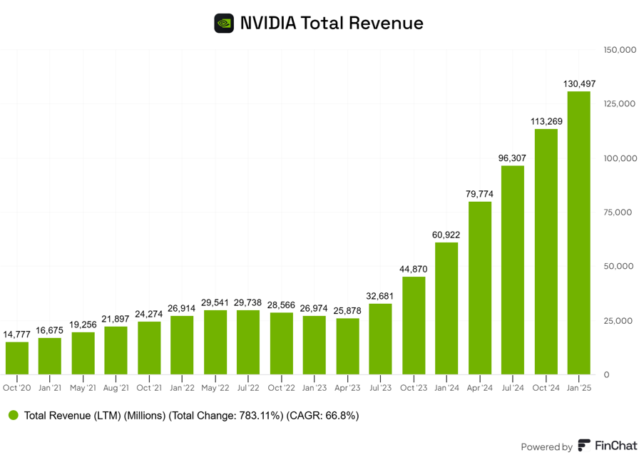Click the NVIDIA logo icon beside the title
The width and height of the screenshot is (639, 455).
(224, 24)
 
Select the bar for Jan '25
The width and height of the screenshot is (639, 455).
(578, 232)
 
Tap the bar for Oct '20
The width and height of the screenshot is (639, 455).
(17, 358)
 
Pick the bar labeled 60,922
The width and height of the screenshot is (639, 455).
(446, 308)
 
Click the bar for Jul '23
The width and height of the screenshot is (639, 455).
(380, 339)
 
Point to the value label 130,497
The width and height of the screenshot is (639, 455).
(579, 84)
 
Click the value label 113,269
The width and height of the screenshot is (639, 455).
(546, 121)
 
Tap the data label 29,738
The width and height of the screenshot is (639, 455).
(248, 303)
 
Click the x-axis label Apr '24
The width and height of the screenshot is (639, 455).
(479, 388)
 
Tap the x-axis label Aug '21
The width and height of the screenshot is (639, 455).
(116, 388)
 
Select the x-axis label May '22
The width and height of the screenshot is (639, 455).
(215, 388)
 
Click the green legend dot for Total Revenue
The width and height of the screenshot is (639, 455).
(14, 415)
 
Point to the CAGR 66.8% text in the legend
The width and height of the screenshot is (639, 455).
(322, 415)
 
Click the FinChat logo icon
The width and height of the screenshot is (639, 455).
(584, 446)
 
